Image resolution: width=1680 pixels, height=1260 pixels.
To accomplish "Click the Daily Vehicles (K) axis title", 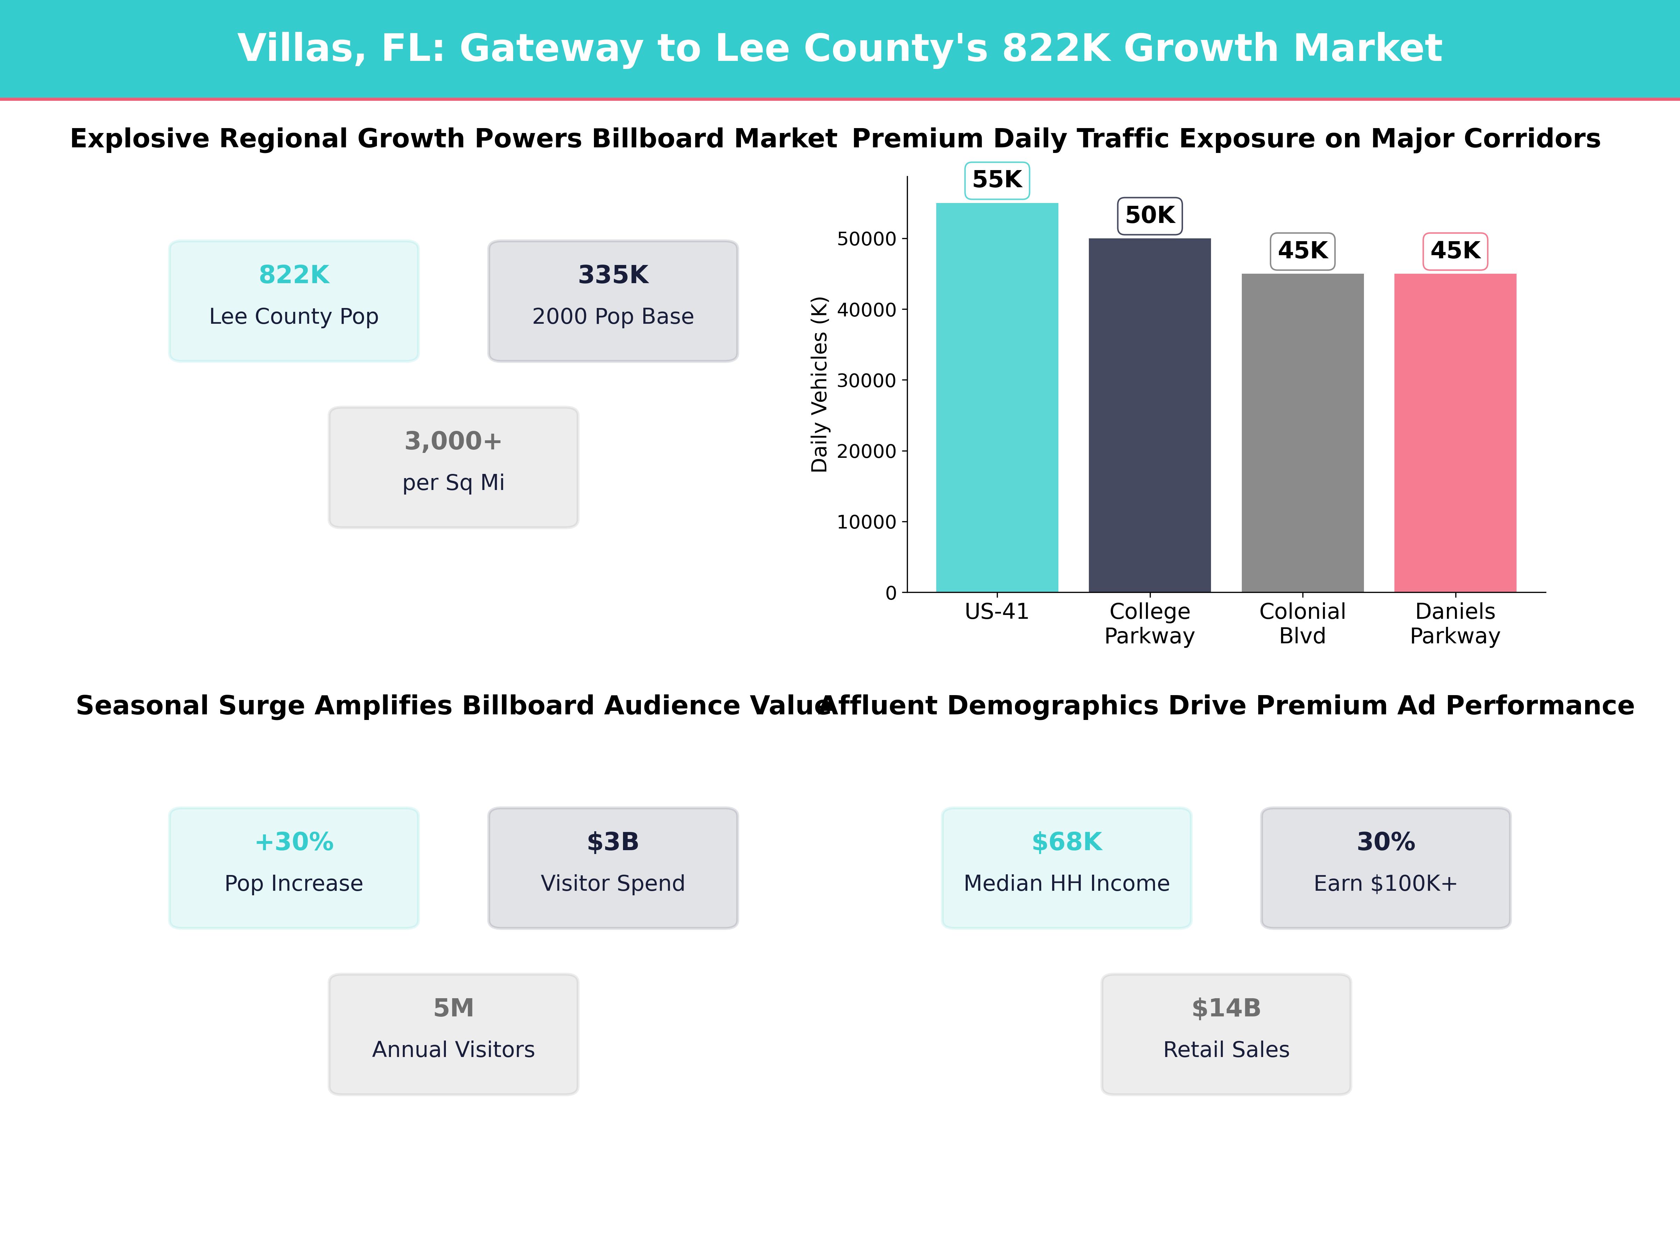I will (x=819, y=384).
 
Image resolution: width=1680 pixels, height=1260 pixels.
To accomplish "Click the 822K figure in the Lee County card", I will (x=294, y=275).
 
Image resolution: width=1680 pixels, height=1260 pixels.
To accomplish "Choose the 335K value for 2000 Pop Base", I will (x=613, y=275).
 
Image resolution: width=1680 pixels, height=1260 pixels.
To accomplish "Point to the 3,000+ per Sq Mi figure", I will (x=453, y=441).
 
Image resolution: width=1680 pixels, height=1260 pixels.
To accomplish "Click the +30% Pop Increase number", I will (x=294, y=842).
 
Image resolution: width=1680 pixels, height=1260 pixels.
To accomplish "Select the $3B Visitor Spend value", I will (x=613, y=842).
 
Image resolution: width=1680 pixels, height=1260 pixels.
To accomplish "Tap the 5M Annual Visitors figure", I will (x=453, y=1009).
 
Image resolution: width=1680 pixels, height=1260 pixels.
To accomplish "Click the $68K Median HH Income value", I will (x=1066, y=842).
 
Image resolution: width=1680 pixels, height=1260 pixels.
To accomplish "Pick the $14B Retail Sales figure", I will (x=1226, y=1009).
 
